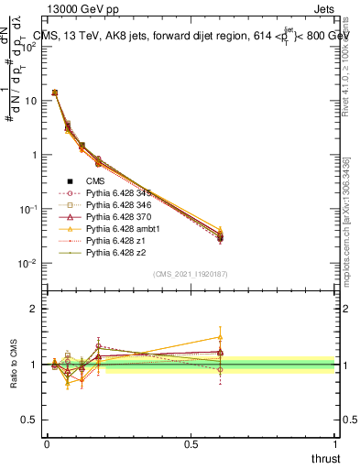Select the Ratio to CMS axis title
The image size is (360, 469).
click(14, 364)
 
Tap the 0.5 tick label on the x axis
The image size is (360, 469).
click(191, 442)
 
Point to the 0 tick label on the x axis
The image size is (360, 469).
click(47, 442)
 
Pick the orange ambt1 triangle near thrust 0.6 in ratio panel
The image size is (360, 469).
click(220, 337)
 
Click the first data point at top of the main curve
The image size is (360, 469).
click(54, 93)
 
